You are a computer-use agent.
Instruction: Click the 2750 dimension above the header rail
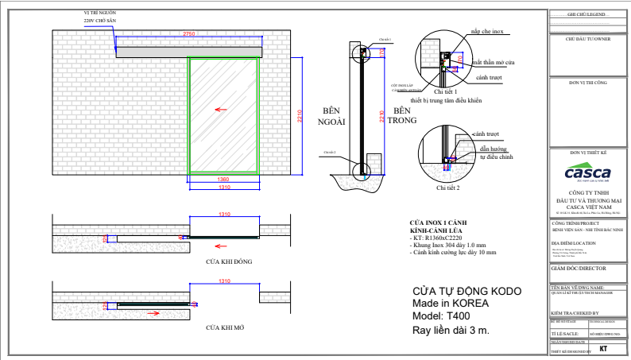click(x=188, y=35)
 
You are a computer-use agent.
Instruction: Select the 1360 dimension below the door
click(x=223, y=180)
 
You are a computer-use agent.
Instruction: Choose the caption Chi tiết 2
click(x=448, y=188)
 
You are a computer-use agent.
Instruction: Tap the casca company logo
click(x=587, y=173)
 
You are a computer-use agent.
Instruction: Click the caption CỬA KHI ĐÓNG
click(x=223, y=261)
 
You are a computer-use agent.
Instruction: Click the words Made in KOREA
click(x=451, y=304)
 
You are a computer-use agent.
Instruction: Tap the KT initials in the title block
click(x=603, y=348)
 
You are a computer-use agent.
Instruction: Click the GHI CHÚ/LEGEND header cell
click(x=587, y=14)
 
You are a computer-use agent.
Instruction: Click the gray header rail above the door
click(x=189, y=52)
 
